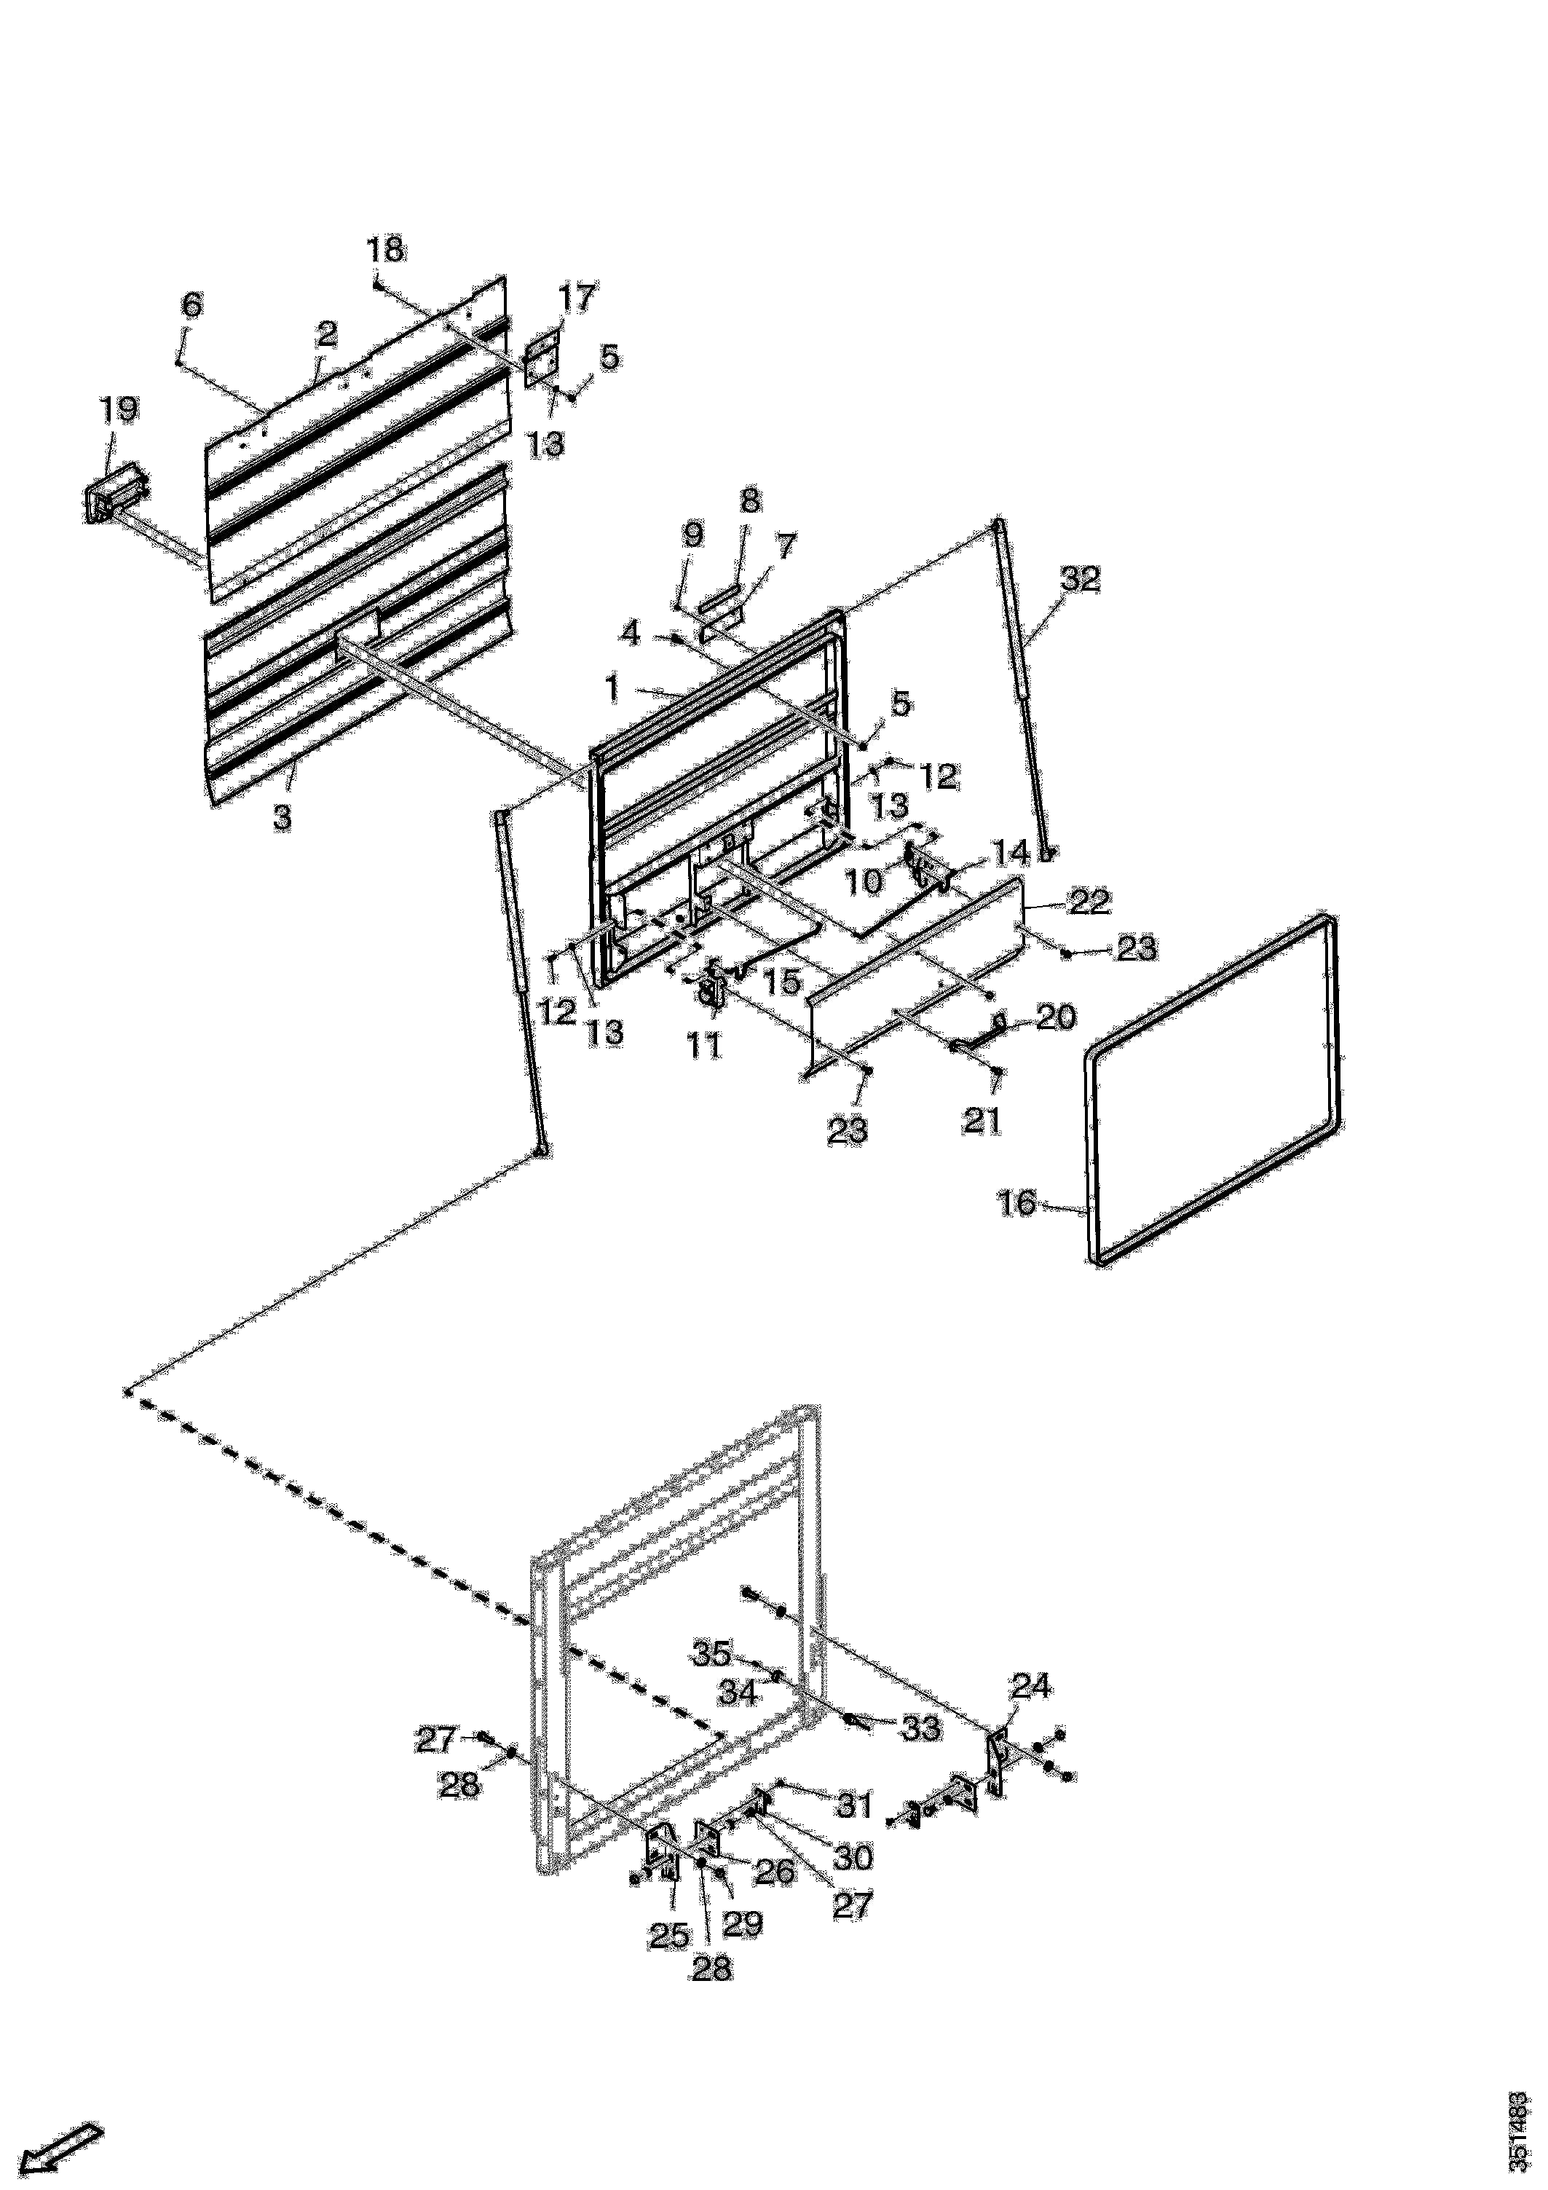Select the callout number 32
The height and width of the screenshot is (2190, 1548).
click(1080, 579)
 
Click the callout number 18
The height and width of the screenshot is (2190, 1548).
click(385, 250)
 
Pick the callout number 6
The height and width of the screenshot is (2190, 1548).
click(191, 305)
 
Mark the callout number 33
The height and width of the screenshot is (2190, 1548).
click(920, 1728)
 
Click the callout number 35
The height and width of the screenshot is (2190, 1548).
click(711, 1653)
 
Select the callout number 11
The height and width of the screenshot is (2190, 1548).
click(705, 1047)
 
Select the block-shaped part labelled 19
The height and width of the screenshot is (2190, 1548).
click(113, 496)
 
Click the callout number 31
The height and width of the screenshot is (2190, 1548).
click(853, 1804)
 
